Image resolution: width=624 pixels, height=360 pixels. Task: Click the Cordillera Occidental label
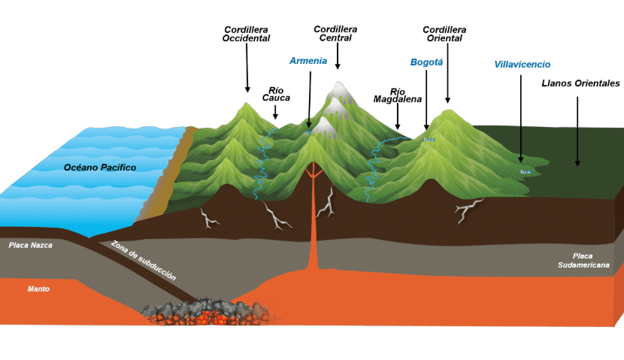[x=246, y=35]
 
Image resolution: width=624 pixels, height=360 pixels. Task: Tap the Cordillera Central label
[x=335, y=33]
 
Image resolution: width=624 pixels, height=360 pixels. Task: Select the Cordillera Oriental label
[x=444, y=35]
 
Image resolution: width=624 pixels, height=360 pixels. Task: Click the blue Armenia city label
[x=308, y=61]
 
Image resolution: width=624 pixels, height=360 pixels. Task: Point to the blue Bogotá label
[x=426, y=62]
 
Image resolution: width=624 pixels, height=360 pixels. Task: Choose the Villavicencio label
[x=522, y=65]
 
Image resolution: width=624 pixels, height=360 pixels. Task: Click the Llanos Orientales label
[x=580, y=83]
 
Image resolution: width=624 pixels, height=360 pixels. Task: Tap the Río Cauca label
[x=276, y=94]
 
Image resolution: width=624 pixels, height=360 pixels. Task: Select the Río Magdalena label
[x=397, y=96]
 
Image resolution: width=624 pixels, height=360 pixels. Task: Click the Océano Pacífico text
[x=100, y=168]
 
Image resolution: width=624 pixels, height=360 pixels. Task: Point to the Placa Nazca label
[x=31, y=246]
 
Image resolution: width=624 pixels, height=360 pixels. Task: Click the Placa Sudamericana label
[x=583, y=261]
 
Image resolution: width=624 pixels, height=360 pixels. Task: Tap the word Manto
[x=38, y=289]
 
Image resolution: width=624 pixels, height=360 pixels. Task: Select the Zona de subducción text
[x=144, y=260]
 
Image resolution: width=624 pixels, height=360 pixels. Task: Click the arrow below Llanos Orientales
[x=577, y=132]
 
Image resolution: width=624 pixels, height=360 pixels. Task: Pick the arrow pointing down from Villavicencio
[x=521, y=119]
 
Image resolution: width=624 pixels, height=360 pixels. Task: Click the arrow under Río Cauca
[x=275, y=112]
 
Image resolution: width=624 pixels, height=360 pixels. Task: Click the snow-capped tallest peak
[x=339, y=91]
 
